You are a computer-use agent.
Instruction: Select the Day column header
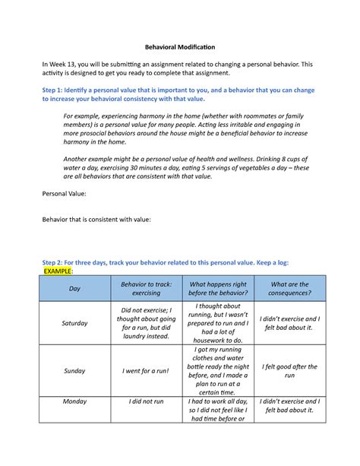point(74,289)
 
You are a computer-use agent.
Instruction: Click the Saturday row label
point(74,323)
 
